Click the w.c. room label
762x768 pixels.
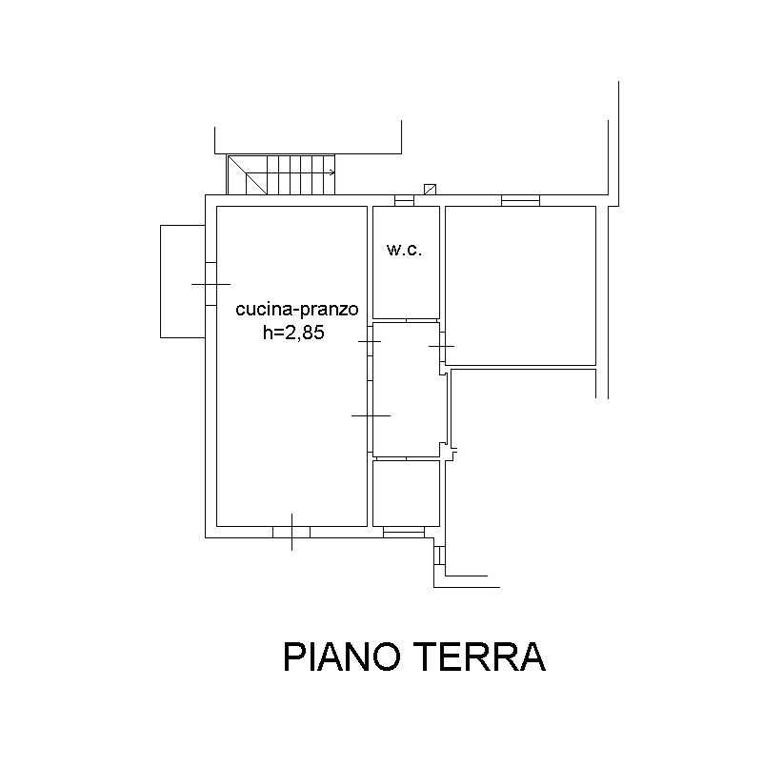click(405, 250)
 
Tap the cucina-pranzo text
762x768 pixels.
click(297, 310)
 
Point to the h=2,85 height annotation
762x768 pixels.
click(293, 333)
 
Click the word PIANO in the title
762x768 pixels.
click(342, 657)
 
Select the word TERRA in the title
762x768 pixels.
click(482, 657)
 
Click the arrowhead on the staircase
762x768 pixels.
click(332, 172)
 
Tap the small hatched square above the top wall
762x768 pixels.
click(430, 189)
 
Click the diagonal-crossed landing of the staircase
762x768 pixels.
click(248, 175)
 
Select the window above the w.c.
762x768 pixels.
click(405, 200)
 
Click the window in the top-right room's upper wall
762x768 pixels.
click(521, 200)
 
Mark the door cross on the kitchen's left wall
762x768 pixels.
click(211, 284)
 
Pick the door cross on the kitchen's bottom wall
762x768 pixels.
click(291, 532)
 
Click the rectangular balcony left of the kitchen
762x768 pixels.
click(183, 282)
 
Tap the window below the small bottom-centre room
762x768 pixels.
click(404, 533)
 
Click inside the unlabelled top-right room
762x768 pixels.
click(521, 286)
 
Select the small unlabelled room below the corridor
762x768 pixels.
click(406, 494)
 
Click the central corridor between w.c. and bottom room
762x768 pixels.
click(406, 390)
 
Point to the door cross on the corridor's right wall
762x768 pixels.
click(442, 346)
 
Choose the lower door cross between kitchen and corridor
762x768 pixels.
click(371, 415)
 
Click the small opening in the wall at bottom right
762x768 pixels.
click(440, 556)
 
